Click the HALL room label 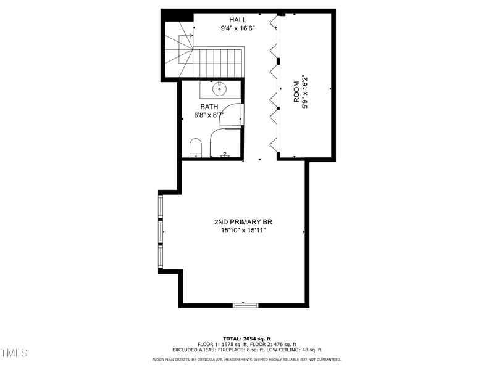(238, 20)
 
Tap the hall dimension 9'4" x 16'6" (238, 28)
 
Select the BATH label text (209, 107)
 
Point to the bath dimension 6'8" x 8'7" (209, 115)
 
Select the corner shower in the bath (225, 144)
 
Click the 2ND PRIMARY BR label (243, 222)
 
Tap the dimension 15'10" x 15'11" (243, 231)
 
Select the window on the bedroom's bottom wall (245, 304)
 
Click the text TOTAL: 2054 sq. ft (246, 339)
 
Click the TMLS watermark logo (14, 353)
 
